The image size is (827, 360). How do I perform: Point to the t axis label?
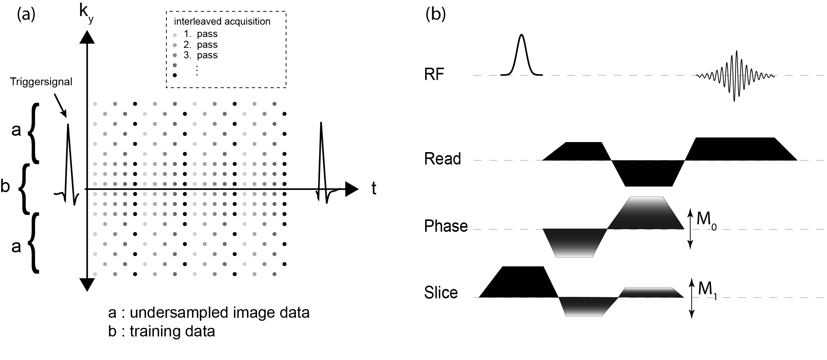(x=373, y=189)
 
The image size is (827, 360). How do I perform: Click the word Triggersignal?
(x=41, y=82)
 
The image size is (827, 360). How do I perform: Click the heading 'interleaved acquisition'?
(x=222, y=21)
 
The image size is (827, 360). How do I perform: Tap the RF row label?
(x=434, y=74)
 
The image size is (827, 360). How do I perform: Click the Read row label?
(x=442, y=159)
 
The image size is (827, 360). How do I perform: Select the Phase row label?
(x=446, y=226)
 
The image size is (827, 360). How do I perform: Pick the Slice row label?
(x=441, y=293)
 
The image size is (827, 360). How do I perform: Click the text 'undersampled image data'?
(x=219, y=313)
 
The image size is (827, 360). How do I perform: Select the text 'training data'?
(x=172, y=331)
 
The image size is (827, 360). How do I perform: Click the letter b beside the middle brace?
(x=5, y=186)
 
